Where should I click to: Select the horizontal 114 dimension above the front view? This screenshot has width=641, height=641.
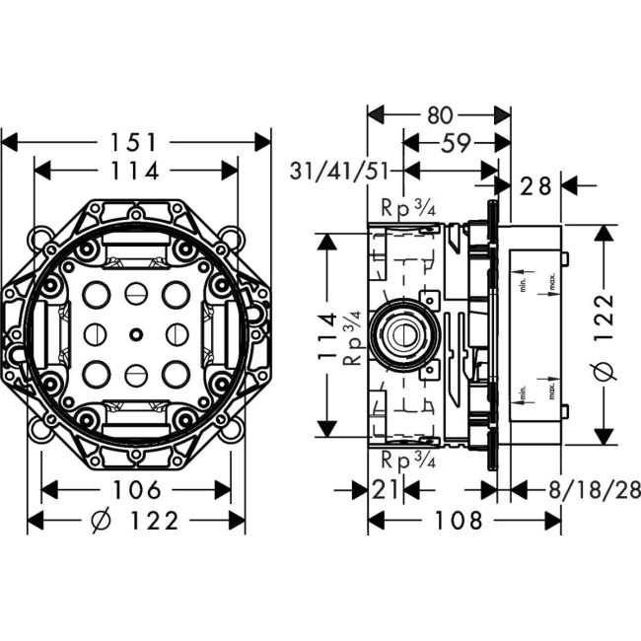(135, 171)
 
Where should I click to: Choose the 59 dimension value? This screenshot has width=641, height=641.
(455, 143)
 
